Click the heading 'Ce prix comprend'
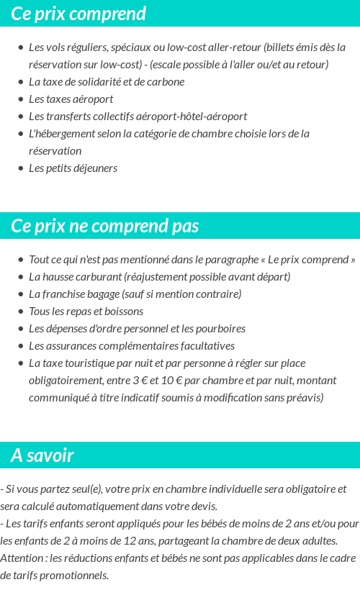click(x=78, y=14)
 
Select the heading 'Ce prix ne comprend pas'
click(x=104, y=226)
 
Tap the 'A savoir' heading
click(x=42, y=455)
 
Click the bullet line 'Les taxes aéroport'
click(x=71, y=99)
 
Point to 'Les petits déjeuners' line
click(x=73, y=168)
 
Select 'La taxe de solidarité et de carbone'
click(x=107, y=81)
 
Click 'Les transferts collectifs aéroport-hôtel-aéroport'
click(x=138, y=116)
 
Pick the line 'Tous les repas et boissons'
click(x=86, y=311)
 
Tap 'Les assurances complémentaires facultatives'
click(x=132, y=345)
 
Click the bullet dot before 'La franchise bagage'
click(x=21, y=294)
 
